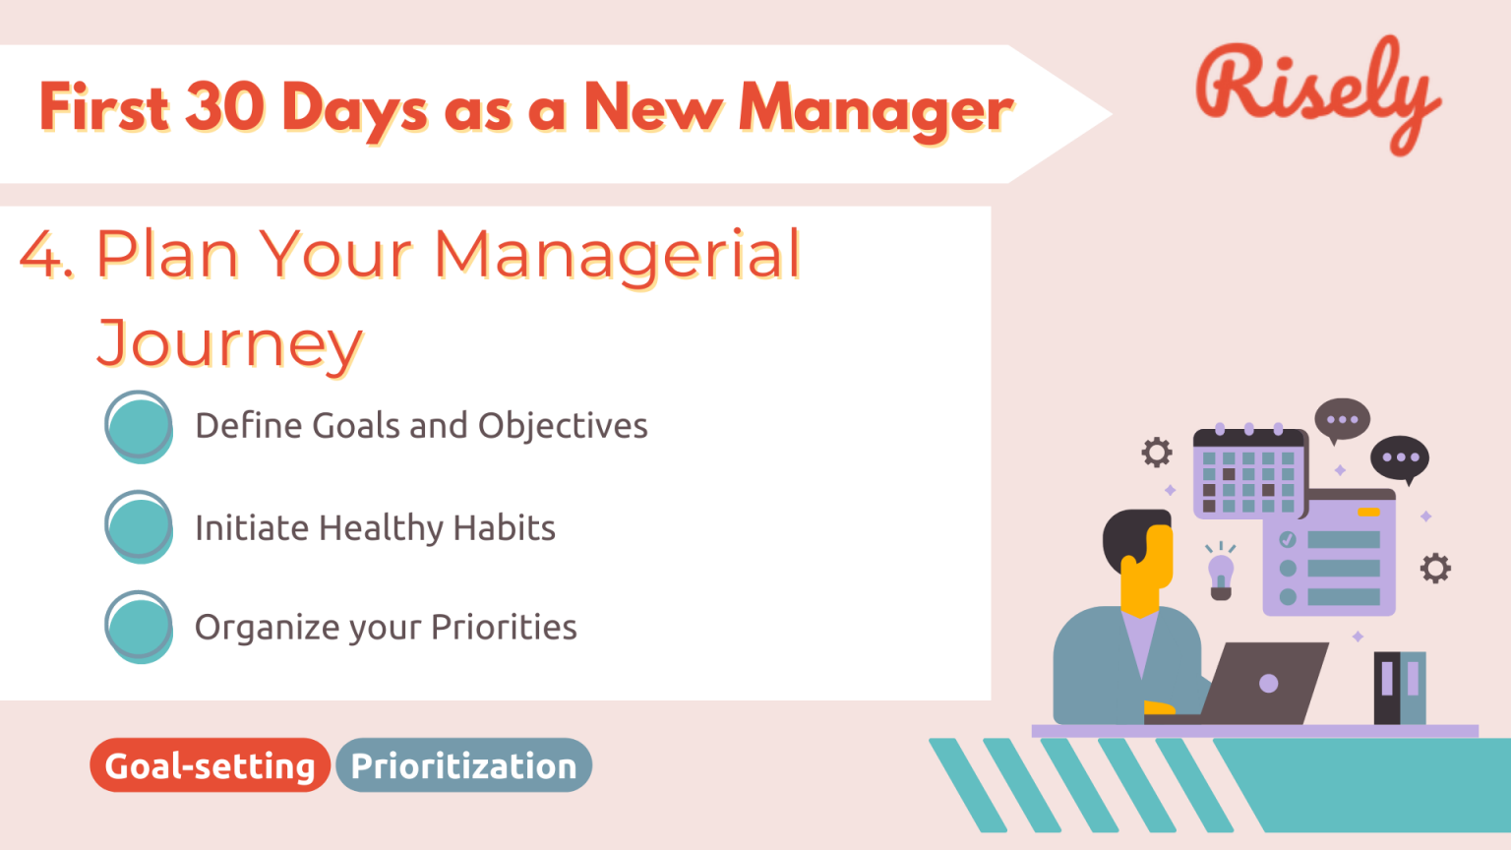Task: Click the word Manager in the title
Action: (x=876, y=110)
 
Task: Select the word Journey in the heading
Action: (x=230, y=345)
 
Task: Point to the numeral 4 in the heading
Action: (x=42, y=255)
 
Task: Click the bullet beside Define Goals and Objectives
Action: (x=139, y=427)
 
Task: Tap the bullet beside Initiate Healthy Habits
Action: (x=139, y=527)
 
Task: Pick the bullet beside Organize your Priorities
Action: (x=139, y=627)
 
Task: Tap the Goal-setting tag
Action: (x=210, y=765)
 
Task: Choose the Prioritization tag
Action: (x=463, y=765)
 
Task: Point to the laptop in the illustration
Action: (x=1264, y=683)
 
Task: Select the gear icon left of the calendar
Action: (x=1157, y=453)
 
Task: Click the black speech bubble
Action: (x=1399, y=458)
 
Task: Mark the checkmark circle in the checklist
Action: (x=1288, y=539)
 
